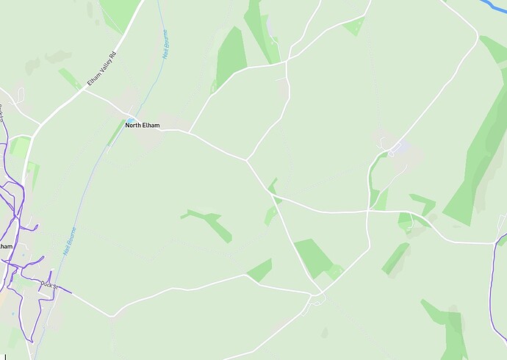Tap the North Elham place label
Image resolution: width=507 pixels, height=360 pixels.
142,125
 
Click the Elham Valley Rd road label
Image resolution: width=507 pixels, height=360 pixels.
101,68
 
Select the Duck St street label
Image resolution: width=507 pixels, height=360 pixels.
48,284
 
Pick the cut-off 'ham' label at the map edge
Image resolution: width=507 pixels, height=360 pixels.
6,246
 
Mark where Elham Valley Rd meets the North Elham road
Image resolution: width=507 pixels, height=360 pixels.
82,90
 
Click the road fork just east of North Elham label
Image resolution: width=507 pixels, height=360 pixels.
190,133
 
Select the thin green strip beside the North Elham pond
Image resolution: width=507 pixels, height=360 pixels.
116,132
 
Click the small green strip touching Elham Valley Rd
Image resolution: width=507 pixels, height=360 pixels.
71,79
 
